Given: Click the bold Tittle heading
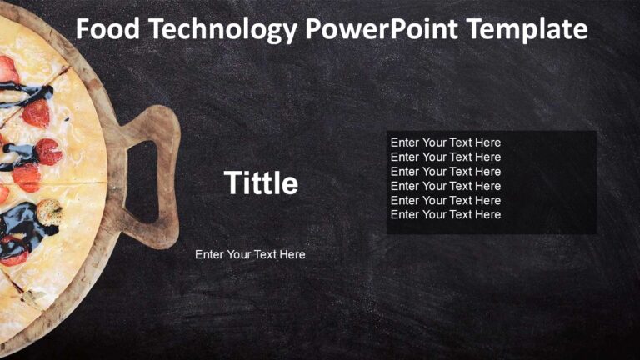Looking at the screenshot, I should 261,183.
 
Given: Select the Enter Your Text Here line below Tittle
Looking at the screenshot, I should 250,254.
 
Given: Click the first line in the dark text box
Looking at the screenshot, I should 446,142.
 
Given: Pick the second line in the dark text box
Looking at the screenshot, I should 446,157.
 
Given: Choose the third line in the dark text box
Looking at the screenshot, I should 446,172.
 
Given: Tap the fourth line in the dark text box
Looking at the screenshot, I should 446,186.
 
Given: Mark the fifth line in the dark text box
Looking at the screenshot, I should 446,200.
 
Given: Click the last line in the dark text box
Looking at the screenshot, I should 446,214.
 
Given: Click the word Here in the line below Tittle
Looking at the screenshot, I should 292,254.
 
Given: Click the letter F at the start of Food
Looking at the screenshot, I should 83,30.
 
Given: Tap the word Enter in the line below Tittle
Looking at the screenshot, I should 209,254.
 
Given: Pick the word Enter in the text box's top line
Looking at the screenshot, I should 405,142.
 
